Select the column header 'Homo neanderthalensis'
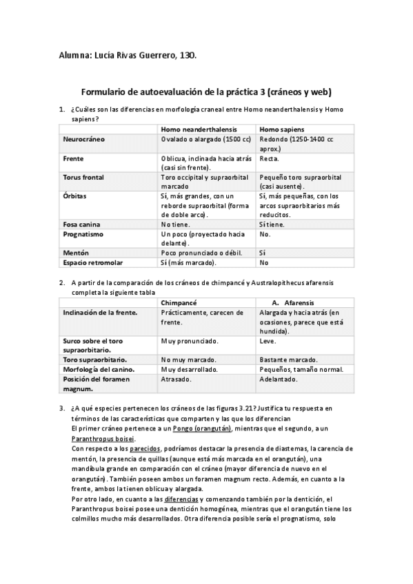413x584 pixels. tap(194, 129)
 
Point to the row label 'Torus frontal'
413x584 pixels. tap(83, 177)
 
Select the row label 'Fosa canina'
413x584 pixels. tap(81, 225)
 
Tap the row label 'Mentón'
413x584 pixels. tap(76, 253)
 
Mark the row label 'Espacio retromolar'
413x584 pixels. tap(93, 262)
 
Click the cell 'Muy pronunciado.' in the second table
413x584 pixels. tap(190, 341)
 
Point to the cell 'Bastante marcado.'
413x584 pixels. tap(288, 359)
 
